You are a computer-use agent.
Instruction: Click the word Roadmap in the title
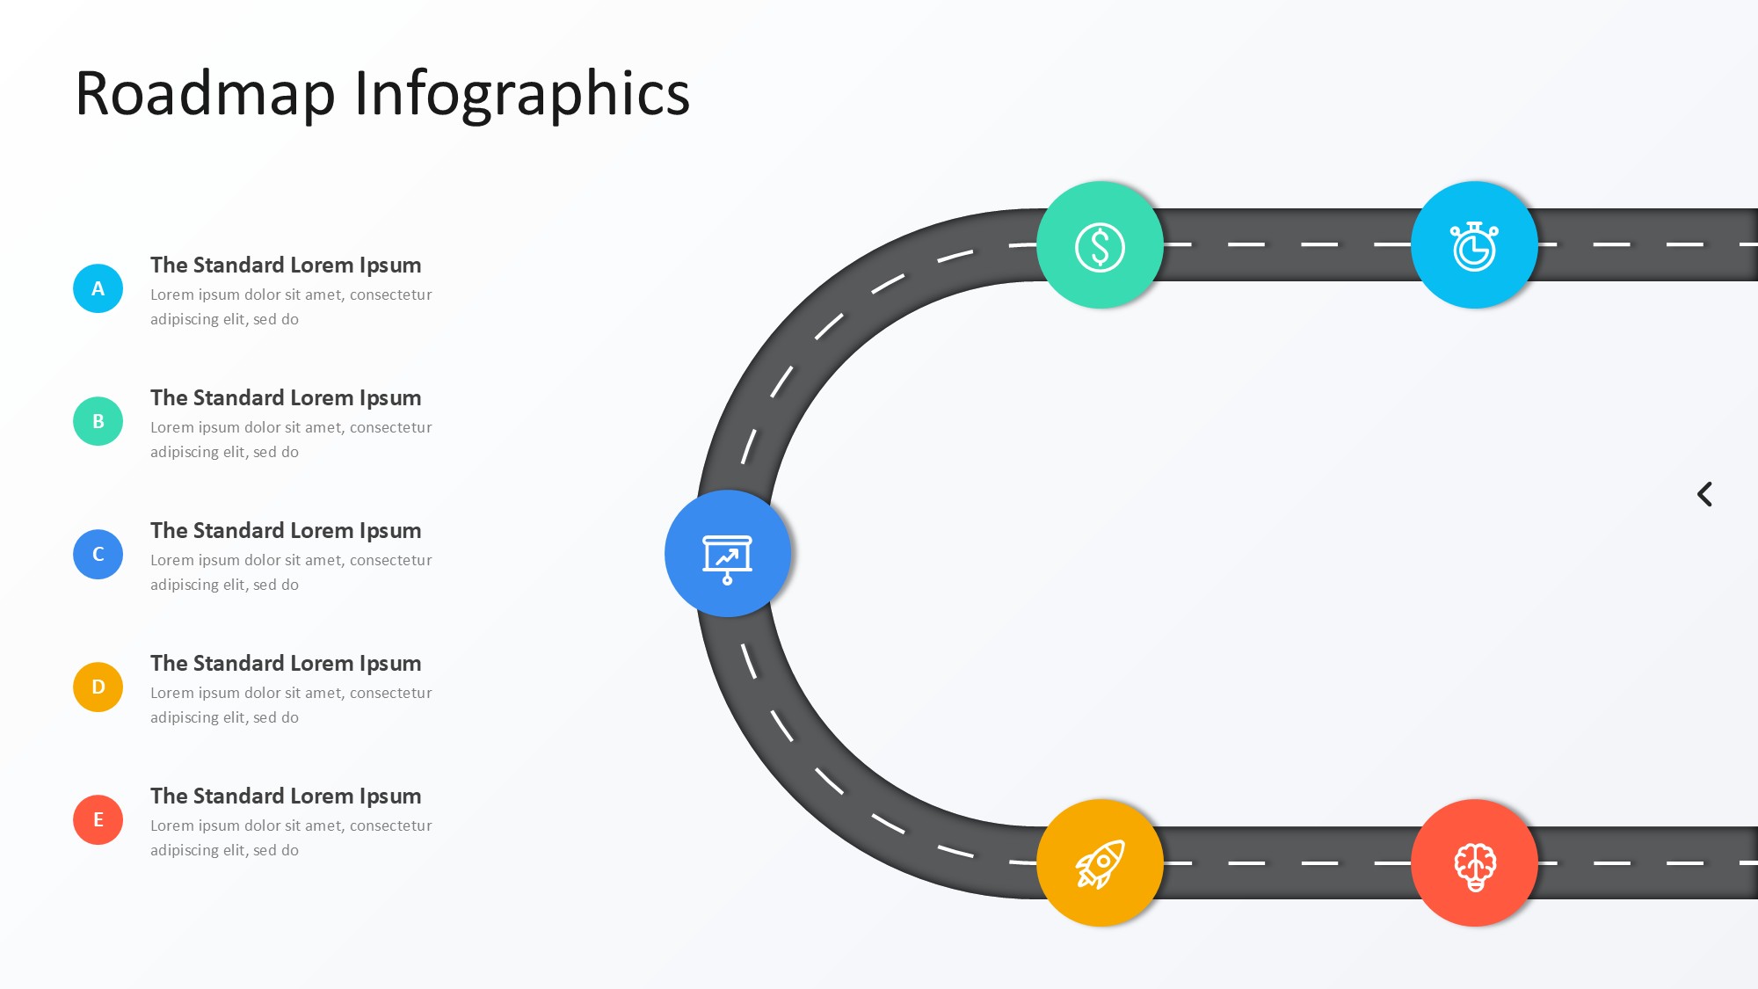point(205,93)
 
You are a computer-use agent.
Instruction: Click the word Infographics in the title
point(522,93)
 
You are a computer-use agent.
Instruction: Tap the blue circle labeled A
point(98,288)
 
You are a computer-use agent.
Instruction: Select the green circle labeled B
point(98,421)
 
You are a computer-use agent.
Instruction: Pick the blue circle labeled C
point(98,554)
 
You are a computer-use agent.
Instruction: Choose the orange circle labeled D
point(98,687)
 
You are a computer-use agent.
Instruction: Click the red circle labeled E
point(98,819)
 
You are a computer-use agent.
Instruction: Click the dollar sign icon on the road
point(1100,245)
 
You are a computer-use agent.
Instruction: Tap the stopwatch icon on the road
point(1474,245)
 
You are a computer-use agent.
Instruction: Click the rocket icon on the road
point(1100,862)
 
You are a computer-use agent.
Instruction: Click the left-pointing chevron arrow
point(1704,494)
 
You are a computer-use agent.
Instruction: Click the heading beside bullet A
point(286,265)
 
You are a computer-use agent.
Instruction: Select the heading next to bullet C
point(286,530)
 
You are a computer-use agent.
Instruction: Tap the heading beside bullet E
point(286,796)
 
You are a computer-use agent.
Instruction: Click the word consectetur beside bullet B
point(390,427)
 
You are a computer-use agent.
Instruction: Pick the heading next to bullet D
point(286,663)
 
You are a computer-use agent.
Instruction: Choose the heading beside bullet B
point(286,397)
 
